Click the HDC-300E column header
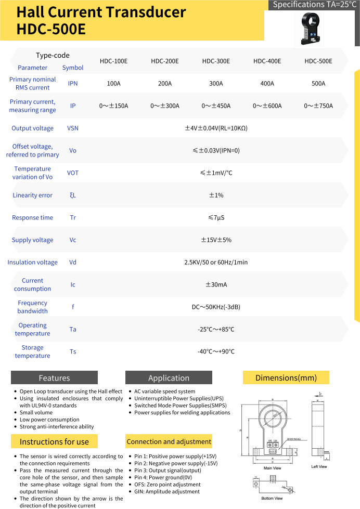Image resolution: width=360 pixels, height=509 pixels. coord(216,61)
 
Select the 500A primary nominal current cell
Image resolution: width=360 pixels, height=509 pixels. coord(318,83)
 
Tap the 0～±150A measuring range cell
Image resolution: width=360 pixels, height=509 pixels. coord(113,106)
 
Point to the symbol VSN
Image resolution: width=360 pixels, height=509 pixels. coord(73,128)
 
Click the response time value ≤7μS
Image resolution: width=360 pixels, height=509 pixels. coord(216,217)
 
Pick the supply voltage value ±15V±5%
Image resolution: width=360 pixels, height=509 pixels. coord(216,240)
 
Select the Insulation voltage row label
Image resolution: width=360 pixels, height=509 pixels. coord(32,262)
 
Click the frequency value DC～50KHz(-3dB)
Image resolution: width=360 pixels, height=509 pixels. coord(216,307)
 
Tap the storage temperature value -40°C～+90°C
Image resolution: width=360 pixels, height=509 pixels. coord(216,351)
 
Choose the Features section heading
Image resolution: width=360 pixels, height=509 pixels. coord(54,378)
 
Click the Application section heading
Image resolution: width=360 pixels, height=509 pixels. coord(169,378)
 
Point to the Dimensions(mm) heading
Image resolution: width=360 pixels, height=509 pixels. coord(286,377)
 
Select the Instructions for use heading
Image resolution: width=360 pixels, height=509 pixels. coord(54,441)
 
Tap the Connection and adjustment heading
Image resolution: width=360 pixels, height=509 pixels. coord(169,441)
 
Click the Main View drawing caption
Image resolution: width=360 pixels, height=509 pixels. coord(272,468)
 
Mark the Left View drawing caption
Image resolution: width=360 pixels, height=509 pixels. coord(319,466)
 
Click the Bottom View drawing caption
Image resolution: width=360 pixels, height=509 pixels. coord(272,498)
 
